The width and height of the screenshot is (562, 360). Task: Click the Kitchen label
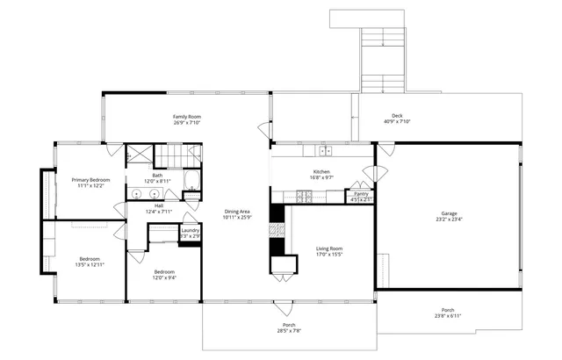pyautogui.click(x=321, y=171)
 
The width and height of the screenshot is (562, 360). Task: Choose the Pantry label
pyautogui.click(x=361, y=193)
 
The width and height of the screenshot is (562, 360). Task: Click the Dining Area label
pyautogui.click(x=237, y=211)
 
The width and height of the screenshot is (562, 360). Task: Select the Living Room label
pyautogui.click(x=329, y=248)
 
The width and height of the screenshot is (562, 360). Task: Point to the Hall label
pyautogui.click(x=159, y=205)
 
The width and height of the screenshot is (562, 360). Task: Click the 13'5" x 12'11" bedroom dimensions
pyautogui.click(x=90, y=264)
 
